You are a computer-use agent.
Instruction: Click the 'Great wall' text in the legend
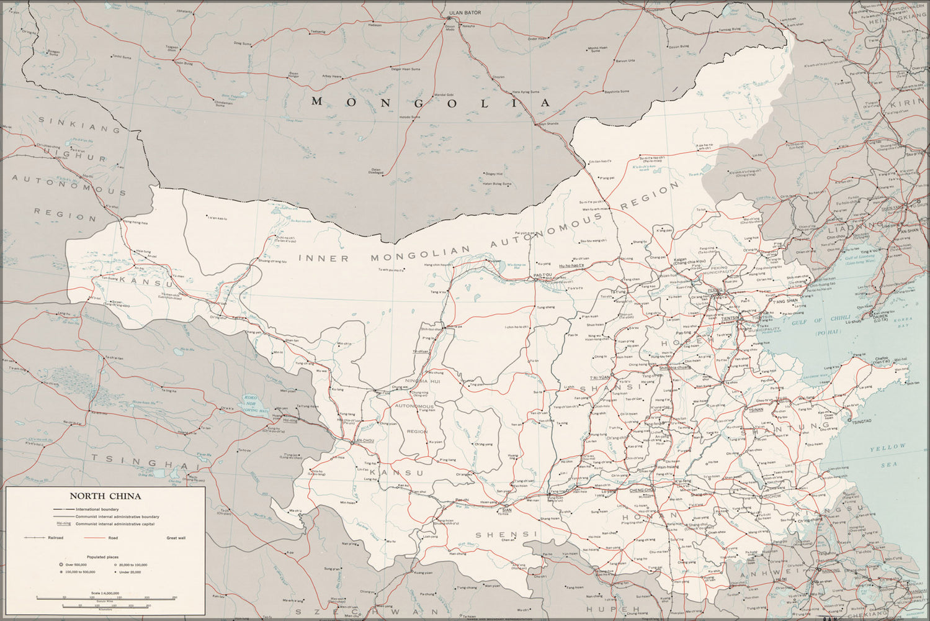(x=176, y=538)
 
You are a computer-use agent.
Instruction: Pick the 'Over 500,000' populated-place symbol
(x=61, y=564)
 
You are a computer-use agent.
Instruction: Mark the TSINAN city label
(x=756, y=410)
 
